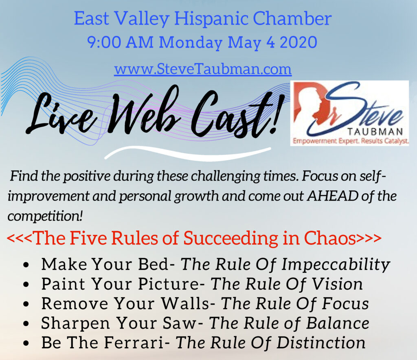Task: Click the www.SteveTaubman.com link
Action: click(203, 69)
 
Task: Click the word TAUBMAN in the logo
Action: click(375, 132)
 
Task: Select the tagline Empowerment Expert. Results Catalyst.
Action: click(351, 141)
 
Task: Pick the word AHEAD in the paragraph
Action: click(333, 196)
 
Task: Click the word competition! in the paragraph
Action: click(45, 216)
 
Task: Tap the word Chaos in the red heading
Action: click(330, 238)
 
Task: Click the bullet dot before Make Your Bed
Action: click(26, 265)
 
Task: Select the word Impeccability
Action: click(336, 265)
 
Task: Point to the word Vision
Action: click(337, 284)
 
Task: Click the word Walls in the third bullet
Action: click(185, 304)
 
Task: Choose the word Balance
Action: click(338, 323)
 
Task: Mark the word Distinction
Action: click(321, 342)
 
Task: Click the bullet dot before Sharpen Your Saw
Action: click(26, 324)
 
